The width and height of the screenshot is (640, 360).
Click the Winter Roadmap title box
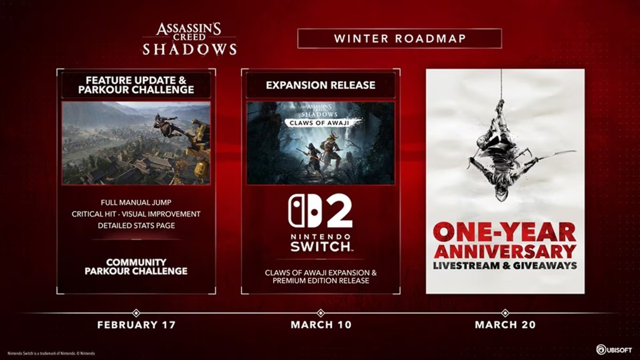click(x=399, y=38)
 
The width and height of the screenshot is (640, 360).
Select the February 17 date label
click(x=136, y=324)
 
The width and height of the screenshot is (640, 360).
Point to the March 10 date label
click(x=321, y=324)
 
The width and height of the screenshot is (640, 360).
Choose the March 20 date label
click(x=505, y=324)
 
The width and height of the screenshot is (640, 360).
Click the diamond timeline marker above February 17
click(x=136, y=313)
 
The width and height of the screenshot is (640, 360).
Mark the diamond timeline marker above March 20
click(x=505, y=313)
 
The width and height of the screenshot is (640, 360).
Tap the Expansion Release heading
click(x=321, y=85)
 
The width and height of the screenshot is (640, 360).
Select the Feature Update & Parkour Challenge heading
click(x=136, y=85)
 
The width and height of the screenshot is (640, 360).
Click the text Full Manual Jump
click(x=136, y=203)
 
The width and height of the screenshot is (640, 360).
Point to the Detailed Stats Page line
click(x=136, y=226)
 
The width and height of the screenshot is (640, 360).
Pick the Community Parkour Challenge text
click(x=136, y=267)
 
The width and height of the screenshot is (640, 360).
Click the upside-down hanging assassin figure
click(x=499, y=160)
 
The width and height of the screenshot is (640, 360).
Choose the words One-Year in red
click(x=505, y=233)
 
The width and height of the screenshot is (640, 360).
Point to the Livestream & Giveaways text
click(x=505, y=265)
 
